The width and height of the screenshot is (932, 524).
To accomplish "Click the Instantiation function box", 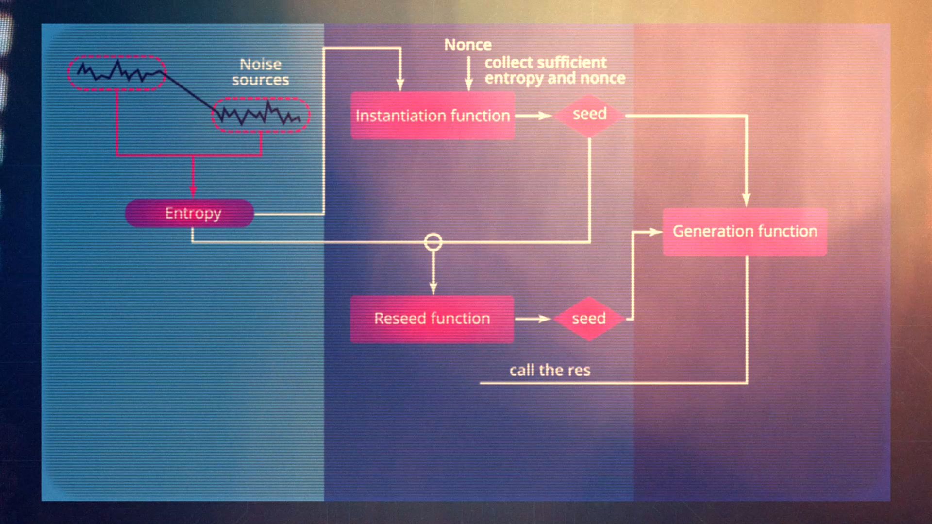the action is point(433,116).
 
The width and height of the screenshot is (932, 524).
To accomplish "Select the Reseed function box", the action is point(432,319).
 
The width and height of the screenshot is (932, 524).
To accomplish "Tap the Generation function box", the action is point(745,232).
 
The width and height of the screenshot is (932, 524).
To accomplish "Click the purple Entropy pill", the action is point(189,213).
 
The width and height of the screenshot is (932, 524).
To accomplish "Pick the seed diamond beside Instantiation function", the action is point(589,115).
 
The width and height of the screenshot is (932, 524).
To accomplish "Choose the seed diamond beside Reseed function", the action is point(589,319).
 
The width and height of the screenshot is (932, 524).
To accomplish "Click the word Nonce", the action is point(468,45).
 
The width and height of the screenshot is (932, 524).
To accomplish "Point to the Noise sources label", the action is point(261,72).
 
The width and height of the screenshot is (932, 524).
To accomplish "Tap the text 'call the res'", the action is point(550,370).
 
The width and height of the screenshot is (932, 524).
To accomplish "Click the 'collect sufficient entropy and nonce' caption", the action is point(555,70).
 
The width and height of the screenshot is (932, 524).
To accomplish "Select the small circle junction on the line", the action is point(433,242).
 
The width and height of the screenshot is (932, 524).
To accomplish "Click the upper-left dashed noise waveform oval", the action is point(116,73).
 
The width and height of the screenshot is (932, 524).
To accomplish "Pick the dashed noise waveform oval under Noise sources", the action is point(261,115).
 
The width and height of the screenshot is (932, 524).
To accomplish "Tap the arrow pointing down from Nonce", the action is point(468,74).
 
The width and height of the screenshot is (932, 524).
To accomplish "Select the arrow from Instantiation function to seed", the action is point(533,116).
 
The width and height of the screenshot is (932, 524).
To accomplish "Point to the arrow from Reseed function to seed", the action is point(533,319).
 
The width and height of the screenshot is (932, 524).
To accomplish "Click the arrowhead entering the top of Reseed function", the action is point(433,288).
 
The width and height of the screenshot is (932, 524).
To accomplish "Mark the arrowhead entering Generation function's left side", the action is point(656,232).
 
